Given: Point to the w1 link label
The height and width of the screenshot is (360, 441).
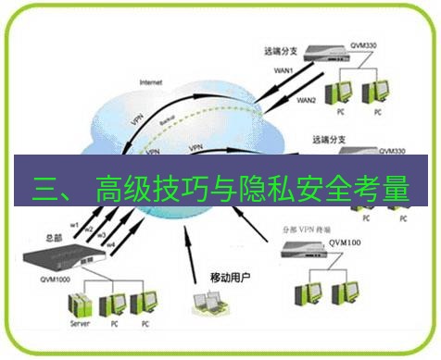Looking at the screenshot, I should pos(76,224).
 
